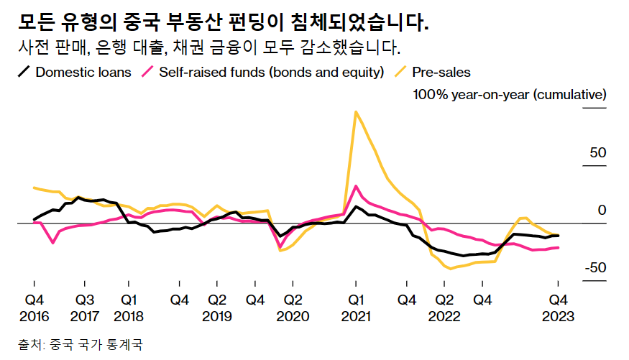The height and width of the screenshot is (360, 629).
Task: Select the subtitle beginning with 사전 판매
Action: pyautogui.click(x=208, y=48)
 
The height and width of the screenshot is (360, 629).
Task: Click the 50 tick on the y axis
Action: pyautogui.click(x=597, y=153)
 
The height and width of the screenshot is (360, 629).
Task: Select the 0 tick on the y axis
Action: pyautogui.click(x=602, y=210)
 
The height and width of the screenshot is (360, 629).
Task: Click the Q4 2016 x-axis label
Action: pyautogui.click(x=34, y=308)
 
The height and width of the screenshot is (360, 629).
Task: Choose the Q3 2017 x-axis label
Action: pyautogui.click(x=84, y=308)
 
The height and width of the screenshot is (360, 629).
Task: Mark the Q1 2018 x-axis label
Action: pyautogui.click(x=129, y=308)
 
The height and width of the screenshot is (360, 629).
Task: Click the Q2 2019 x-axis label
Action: pyautogui.click(x=216, y=308)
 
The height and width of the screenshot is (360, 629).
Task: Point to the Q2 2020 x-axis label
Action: pyautogui.click(x=292, y=308)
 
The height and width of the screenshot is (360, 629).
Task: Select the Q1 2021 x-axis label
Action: pyautogui.click(x=355, y=308)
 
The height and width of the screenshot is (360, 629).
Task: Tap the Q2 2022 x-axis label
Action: pyautogui.click(x=444, y=308)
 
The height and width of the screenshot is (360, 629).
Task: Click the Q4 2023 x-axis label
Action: pyautogui.click(x=559, y=308)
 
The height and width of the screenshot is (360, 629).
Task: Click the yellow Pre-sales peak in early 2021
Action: pyautogui.click(x=355, y=111)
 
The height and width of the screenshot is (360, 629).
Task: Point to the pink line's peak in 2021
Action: pyautogui.click(x=356, y=186)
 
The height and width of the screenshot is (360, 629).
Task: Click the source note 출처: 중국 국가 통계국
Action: pyautogui.click(x=81, y=345)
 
